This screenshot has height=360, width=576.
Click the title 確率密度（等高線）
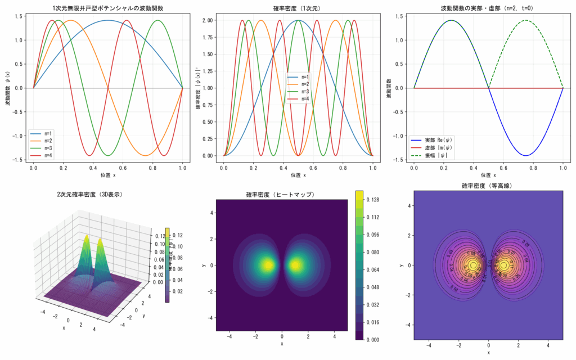488,185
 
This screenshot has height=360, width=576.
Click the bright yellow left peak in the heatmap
268,264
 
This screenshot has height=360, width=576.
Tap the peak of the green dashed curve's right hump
526,20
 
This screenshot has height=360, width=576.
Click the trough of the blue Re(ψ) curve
526,155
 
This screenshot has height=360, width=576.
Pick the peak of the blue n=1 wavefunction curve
108,20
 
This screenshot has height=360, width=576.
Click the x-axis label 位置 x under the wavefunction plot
108,175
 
